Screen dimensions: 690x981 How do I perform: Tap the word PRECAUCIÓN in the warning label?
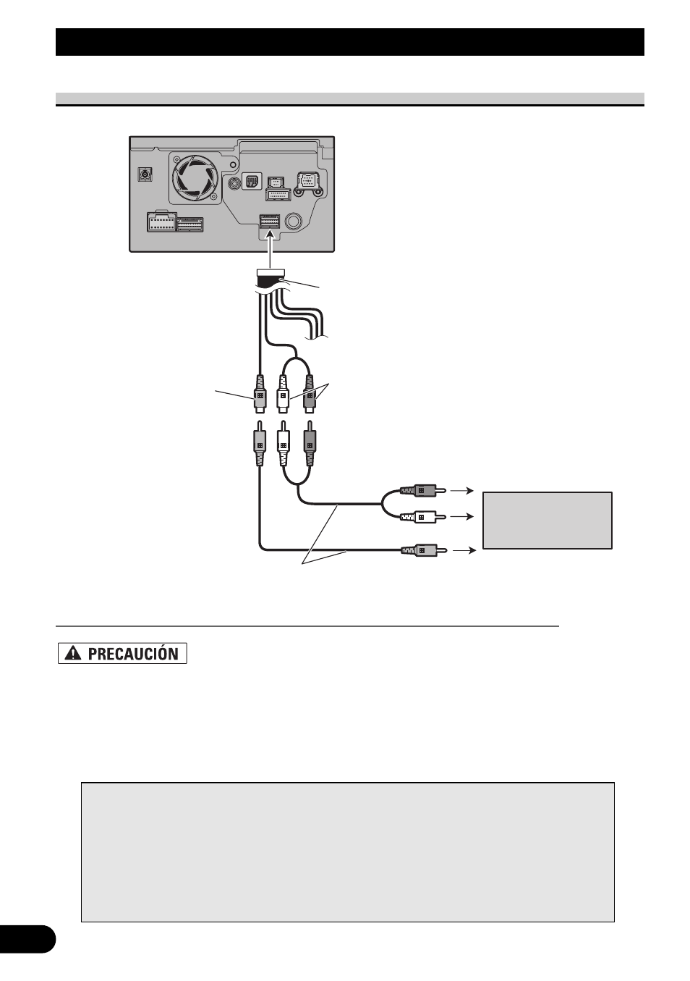[133, 654]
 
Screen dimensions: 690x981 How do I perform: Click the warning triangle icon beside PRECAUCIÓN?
[73, 654]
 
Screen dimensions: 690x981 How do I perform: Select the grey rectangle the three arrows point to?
[547, 521]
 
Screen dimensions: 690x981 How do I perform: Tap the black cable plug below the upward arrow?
[269, 276]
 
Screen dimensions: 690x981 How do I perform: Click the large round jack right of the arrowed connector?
[295, 222]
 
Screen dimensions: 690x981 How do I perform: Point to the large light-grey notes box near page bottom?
[347, 851]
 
